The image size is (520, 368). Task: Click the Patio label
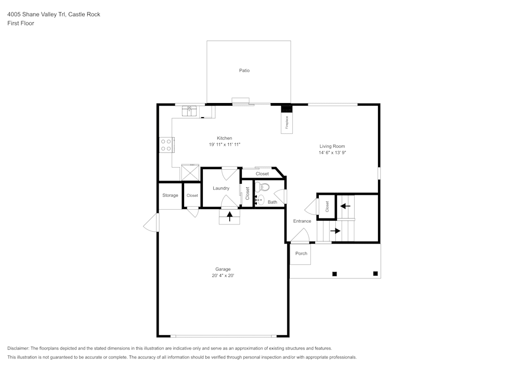point(244,70)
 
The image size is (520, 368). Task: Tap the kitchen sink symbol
point(189,110)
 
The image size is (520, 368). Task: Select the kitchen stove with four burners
point(166,145)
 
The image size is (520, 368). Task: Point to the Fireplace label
point(287,123)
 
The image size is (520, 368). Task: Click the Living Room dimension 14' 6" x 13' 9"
point(332,153)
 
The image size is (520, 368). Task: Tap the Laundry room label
point(221,188)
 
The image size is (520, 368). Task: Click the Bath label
point(272,202)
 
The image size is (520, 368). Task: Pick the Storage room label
point(170,196)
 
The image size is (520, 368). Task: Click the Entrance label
point(302,221)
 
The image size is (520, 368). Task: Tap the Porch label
point(301,253)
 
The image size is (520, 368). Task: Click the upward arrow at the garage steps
point(229,216)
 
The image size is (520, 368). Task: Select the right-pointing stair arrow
point(335,231)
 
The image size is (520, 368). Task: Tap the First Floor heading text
point(21,23)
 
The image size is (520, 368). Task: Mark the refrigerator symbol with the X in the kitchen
point(190,172)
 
